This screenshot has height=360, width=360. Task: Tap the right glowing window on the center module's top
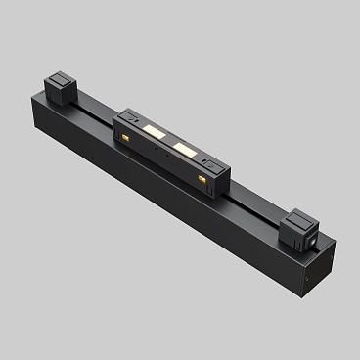[183, 149]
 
